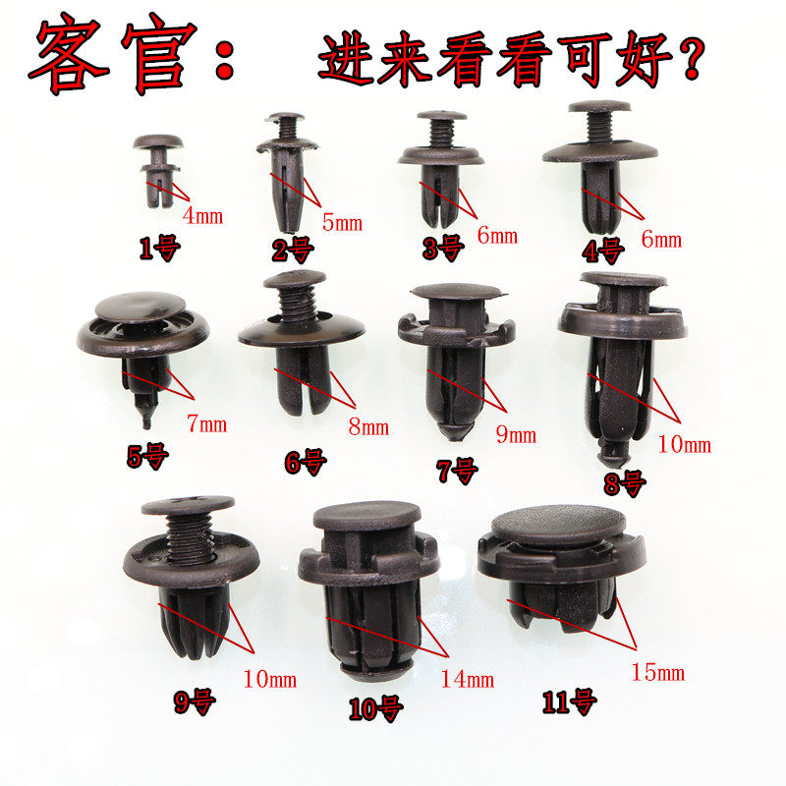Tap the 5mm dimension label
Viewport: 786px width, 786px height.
342,223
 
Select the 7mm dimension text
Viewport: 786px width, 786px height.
205,424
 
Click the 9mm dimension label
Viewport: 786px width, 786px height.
516,435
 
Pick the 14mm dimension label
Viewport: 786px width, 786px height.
467,678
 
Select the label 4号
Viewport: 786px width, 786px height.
602,252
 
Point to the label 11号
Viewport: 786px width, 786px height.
569,702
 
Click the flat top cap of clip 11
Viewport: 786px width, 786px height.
557,527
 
